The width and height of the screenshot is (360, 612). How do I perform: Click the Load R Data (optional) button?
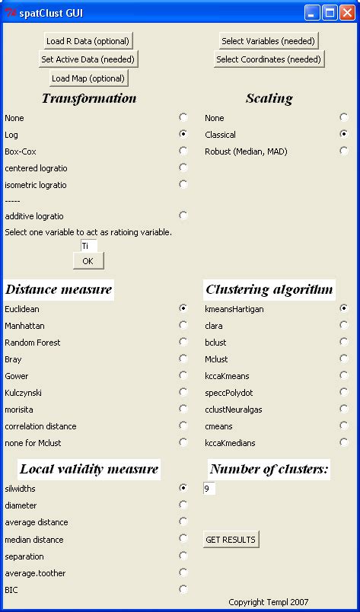[x=88, y=41]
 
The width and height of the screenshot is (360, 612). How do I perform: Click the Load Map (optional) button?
[x=88, y=78]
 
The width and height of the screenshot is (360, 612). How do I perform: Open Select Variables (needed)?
[x=268, y=41]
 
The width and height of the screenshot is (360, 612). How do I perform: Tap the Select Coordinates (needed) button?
[x=268, y=59]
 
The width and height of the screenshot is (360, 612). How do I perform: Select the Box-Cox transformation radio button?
[x=183, y=151]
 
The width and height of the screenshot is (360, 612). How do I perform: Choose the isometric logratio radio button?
[x=183, y=184]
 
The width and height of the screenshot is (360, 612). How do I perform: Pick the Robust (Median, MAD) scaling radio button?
[x=344, y=151]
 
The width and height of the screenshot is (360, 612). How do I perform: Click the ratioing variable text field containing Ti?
[x=88, y=246]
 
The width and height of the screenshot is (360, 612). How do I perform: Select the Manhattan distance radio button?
[x=183, y=325]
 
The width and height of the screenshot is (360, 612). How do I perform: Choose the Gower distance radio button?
[x=183, y=375]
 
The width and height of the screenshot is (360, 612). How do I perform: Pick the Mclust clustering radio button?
[x=344, y=359]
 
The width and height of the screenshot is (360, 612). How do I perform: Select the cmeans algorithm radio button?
[x=344, y=426]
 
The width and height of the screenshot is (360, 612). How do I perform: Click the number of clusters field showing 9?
[x=209, y=489]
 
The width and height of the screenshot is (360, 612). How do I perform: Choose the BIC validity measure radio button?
[x=183, y=588]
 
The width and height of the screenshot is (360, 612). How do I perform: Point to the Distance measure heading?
[x=59, y=289]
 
